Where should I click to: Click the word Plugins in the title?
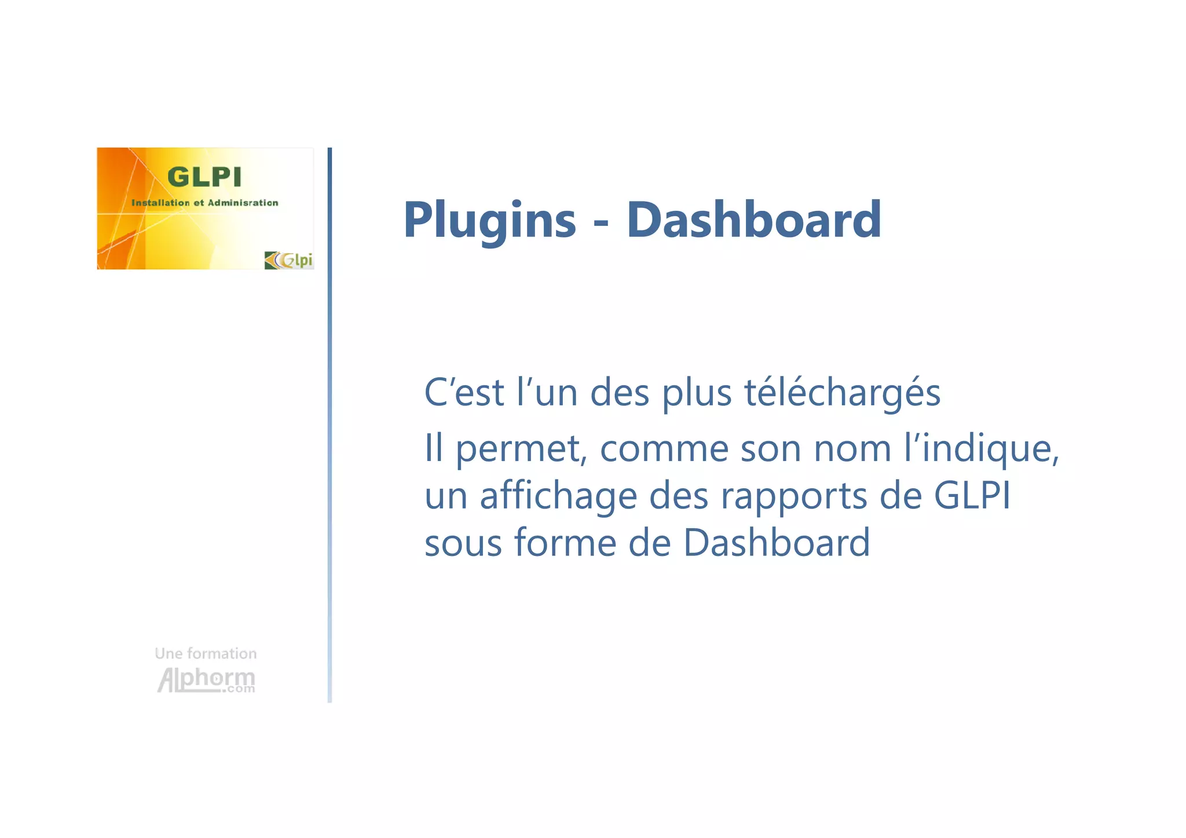[x=489, y=221]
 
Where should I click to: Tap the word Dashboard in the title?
[x=753, y=219]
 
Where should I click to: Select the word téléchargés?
[x=842, y=393]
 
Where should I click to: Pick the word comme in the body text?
[x=664, y=449]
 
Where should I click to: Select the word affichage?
[x=558, y=497]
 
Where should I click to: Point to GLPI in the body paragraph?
[x=972, y=496]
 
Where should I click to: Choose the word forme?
[x=565, y=543]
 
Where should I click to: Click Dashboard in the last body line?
[x=776, y=543]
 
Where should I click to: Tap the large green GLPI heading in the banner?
[x=204, y=177]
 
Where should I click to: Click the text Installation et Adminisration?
[x=204, y=203]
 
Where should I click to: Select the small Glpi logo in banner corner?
[x=288, y=260]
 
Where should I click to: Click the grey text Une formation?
[x=206, y=654]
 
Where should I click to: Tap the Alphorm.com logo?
[x=206, y=680]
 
